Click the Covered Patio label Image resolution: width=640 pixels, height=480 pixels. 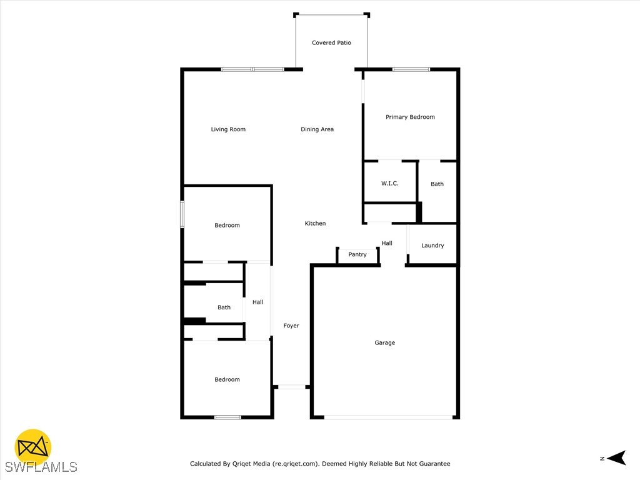(x=331, y=43)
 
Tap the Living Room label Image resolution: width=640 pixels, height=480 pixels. (x=228, y=129)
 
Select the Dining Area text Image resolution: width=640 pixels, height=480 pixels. (x=317, y=129)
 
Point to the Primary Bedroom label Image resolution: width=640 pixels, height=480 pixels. (x=410, y=117)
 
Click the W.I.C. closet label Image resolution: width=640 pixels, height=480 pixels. (x=390, y=183)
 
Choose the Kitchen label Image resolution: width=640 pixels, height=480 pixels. (x=315, y=223)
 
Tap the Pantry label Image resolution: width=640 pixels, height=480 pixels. (x=357, y=254)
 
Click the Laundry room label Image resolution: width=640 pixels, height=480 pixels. (x=432, y=246)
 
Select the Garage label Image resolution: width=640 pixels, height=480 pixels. (x=384, y=342)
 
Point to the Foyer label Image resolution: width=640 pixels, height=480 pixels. (x=291, y=326)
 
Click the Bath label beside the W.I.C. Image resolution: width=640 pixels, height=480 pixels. (x=437, y=184)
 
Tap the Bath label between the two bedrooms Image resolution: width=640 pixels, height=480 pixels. (x=224, y=307)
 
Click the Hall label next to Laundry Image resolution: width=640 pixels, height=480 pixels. (x=387, y=243)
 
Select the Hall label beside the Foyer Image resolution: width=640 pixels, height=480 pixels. (x=257, y=302)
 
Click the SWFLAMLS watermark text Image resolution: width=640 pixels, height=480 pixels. (x=41, y=467)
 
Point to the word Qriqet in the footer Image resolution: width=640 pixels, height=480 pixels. (x=244, y=464)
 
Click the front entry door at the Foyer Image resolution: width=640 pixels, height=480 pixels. (x=291, y=387)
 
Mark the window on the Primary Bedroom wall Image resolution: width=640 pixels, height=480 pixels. (x=411, y=69)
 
